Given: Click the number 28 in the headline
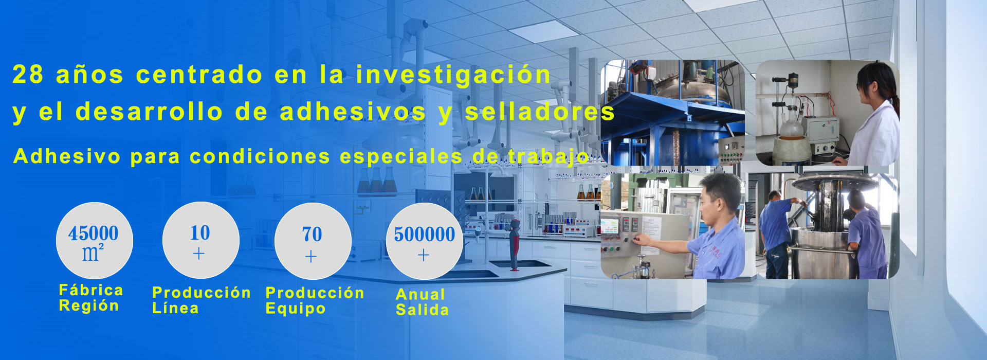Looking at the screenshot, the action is pos(28,75).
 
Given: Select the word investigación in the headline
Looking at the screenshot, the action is pos(453,74).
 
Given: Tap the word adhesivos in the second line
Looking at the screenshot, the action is pos(353,112).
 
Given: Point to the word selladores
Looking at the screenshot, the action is pos(540,112).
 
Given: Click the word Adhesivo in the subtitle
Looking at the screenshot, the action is pos(67,156).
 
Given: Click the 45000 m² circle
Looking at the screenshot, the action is pos(94,241).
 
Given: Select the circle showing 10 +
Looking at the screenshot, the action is pos(200,240).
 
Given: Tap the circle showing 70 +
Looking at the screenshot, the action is pos(313,241).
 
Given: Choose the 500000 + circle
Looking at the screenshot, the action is pos(424,241).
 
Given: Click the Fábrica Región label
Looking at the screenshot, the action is pos(91,298).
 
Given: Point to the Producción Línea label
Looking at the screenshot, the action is pos(202,300).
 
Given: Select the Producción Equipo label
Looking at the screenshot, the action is pos(315,300).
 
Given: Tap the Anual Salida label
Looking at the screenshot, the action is pos(422,302).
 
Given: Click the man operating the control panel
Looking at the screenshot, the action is pos(707,229).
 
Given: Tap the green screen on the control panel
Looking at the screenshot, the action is pos(610,226).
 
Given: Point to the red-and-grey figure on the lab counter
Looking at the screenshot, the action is pos(514,244).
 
